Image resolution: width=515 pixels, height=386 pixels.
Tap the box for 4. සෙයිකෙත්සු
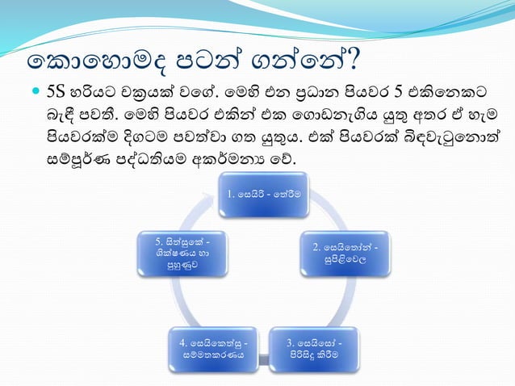tap(213, 349)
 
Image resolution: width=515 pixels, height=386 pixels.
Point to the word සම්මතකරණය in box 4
tap(214, 356)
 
